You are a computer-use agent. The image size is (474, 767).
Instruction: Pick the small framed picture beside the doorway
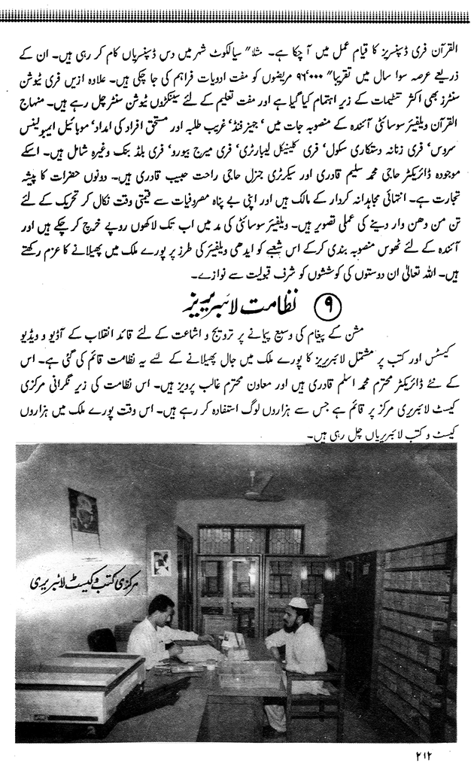pyautogui.click(x=160, y=562)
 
